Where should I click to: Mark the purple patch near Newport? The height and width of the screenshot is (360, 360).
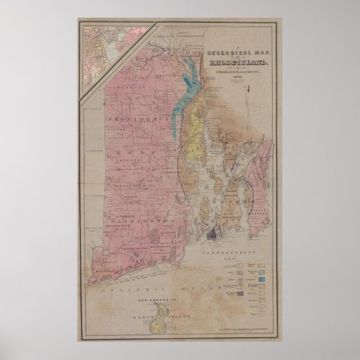(x=212, y=234)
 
